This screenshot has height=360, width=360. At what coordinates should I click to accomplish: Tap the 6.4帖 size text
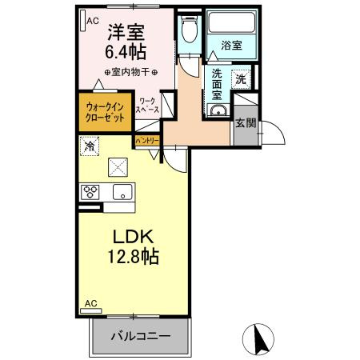pos(126,51)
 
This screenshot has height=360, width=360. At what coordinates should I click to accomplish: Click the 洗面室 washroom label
pos(218,84)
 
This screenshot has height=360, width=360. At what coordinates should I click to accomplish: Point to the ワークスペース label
pos(148,106)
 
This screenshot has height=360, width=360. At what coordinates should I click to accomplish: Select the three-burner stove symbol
pos(90,192)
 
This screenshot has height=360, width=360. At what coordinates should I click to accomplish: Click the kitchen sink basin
pos(122,191)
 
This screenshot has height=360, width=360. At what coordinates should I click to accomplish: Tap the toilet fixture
pos(188,31)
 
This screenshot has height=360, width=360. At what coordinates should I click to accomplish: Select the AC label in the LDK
pos(90,304)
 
